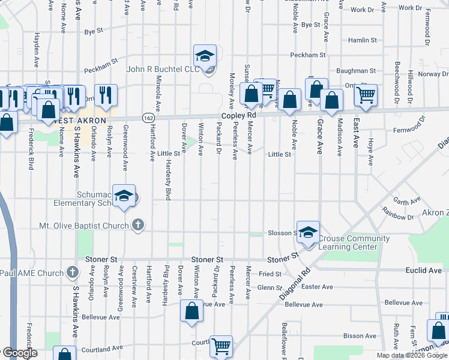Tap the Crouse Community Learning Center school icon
pos(308,232)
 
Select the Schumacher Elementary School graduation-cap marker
pos(124,196)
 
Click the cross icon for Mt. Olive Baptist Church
pos(138,226)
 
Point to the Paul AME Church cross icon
pos(72,273)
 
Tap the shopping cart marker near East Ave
pos(365,94)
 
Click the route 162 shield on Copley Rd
pos(148,118)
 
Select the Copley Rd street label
pos(238,115)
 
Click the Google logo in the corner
pos(20,353)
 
